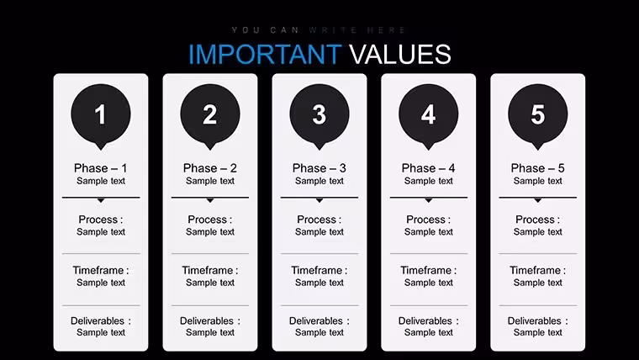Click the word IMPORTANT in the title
click(265, 54)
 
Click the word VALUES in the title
click(400, 54)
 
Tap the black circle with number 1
click(101, 114)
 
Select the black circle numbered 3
click(319, 114)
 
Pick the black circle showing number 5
click(537, 114)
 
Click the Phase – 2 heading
click(210, 168)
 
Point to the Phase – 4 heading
click(428, 168)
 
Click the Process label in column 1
click(101, 220)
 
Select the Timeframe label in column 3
click(319, 270)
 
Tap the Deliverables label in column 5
click(537, 320)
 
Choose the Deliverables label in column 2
click(210, 320)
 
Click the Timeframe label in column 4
click(428, 270)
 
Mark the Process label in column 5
click(537, 220)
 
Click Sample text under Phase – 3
click(319, 181)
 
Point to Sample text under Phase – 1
click(101, 181)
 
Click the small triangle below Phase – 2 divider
click(210, 200)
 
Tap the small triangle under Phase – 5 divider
click(537, 200)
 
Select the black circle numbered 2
click(210, 114)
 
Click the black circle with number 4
click(428, 114)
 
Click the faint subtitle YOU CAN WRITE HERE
click(319, 29)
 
